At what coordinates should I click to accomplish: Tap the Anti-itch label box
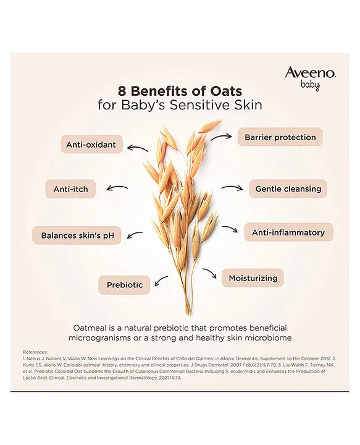70,189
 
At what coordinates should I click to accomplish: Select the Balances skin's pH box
77,235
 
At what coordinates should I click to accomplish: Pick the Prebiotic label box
124,285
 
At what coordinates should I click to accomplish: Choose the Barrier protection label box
280,137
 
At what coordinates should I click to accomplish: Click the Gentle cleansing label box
288,189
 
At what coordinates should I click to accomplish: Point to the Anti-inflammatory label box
288,232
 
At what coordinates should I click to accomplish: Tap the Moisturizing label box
253,278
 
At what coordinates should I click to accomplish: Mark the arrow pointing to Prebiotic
161,281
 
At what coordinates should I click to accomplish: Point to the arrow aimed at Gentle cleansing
232,188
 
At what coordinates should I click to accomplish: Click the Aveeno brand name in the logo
310,74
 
